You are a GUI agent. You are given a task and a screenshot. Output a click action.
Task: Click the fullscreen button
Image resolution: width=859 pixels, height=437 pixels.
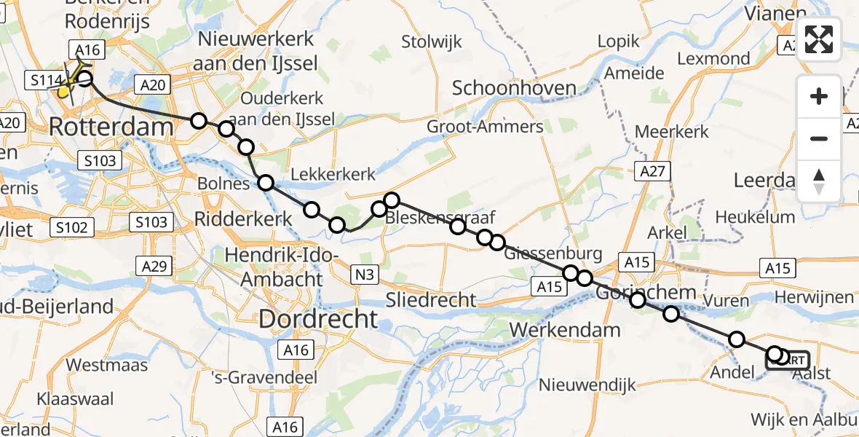[820, 39]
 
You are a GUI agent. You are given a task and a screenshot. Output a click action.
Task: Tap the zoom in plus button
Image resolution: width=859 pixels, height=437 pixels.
[820, 97]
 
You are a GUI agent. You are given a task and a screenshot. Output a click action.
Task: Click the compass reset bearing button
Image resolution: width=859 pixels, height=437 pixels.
[820, 181]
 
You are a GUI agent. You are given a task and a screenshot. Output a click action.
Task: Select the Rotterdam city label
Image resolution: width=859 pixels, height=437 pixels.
[111, 127]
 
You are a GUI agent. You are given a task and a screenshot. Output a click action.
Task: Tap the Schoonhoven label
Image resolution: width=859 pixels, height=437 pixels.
[514, 88]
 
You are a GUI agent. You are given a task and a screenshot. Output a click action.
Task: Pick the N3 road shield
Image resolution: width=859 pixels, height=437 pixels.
[365, 274]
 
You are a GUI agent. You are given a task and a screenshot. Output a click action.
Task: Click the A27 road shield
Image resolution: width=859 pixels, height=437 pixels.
[654, 171]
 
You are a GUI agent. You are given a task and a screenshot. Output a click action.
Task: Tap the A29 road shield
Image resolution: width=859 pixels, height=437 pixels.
[154, 267]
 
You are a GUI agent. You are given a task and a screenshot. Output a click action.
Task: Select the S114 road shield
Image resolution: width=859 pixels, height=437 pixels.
[41, 80]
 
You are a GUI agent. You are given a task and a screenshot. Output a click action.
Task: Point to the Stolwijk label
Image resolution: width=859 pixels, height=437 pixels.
[432, 42]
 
